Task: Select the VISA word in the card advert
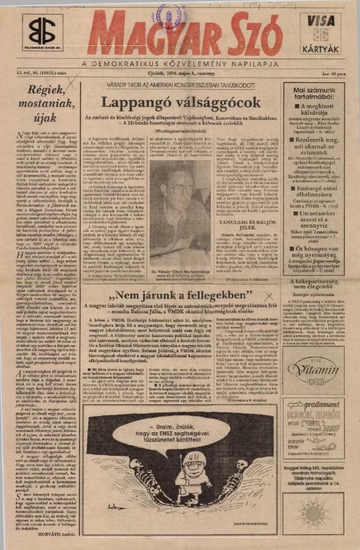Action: click(x=321, y=20)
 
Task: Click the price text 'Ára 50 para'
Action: click(x=341, y=73)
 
